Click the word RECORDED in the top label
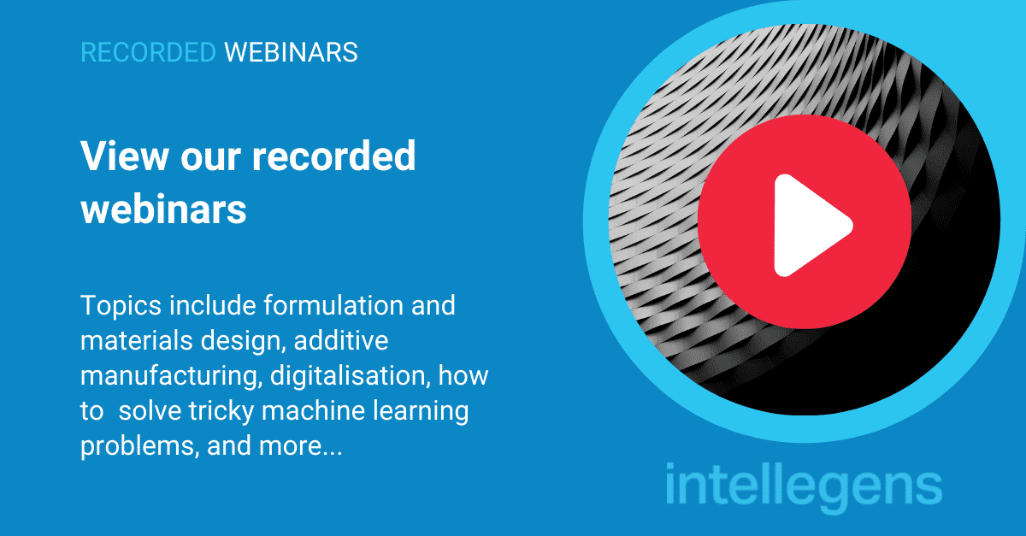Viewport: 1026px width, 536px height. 148,52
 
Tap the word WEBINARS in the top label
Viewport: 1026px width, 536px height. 291,52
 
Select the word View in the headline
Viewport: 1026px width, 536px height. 125,156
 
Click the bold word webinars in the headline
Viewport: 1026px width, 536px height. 163,209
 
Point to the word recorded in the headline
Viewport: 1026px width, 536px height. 334,156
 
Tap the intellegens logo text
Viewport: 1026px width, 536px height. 804,487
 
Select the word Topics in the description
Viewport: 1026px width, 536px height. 121,306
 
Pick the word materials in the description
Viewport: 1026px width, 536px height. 137,340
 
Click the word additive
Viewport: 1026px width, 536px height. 341,340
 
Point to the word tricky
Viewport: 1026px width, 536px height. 221,411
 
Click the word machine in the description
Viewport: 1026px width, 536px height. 313,411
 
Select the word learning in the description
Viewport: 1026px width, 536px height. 421,411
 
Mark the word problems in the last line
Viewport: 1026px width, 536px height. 139,446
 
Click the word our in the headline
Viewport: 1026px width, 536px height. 210,158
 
